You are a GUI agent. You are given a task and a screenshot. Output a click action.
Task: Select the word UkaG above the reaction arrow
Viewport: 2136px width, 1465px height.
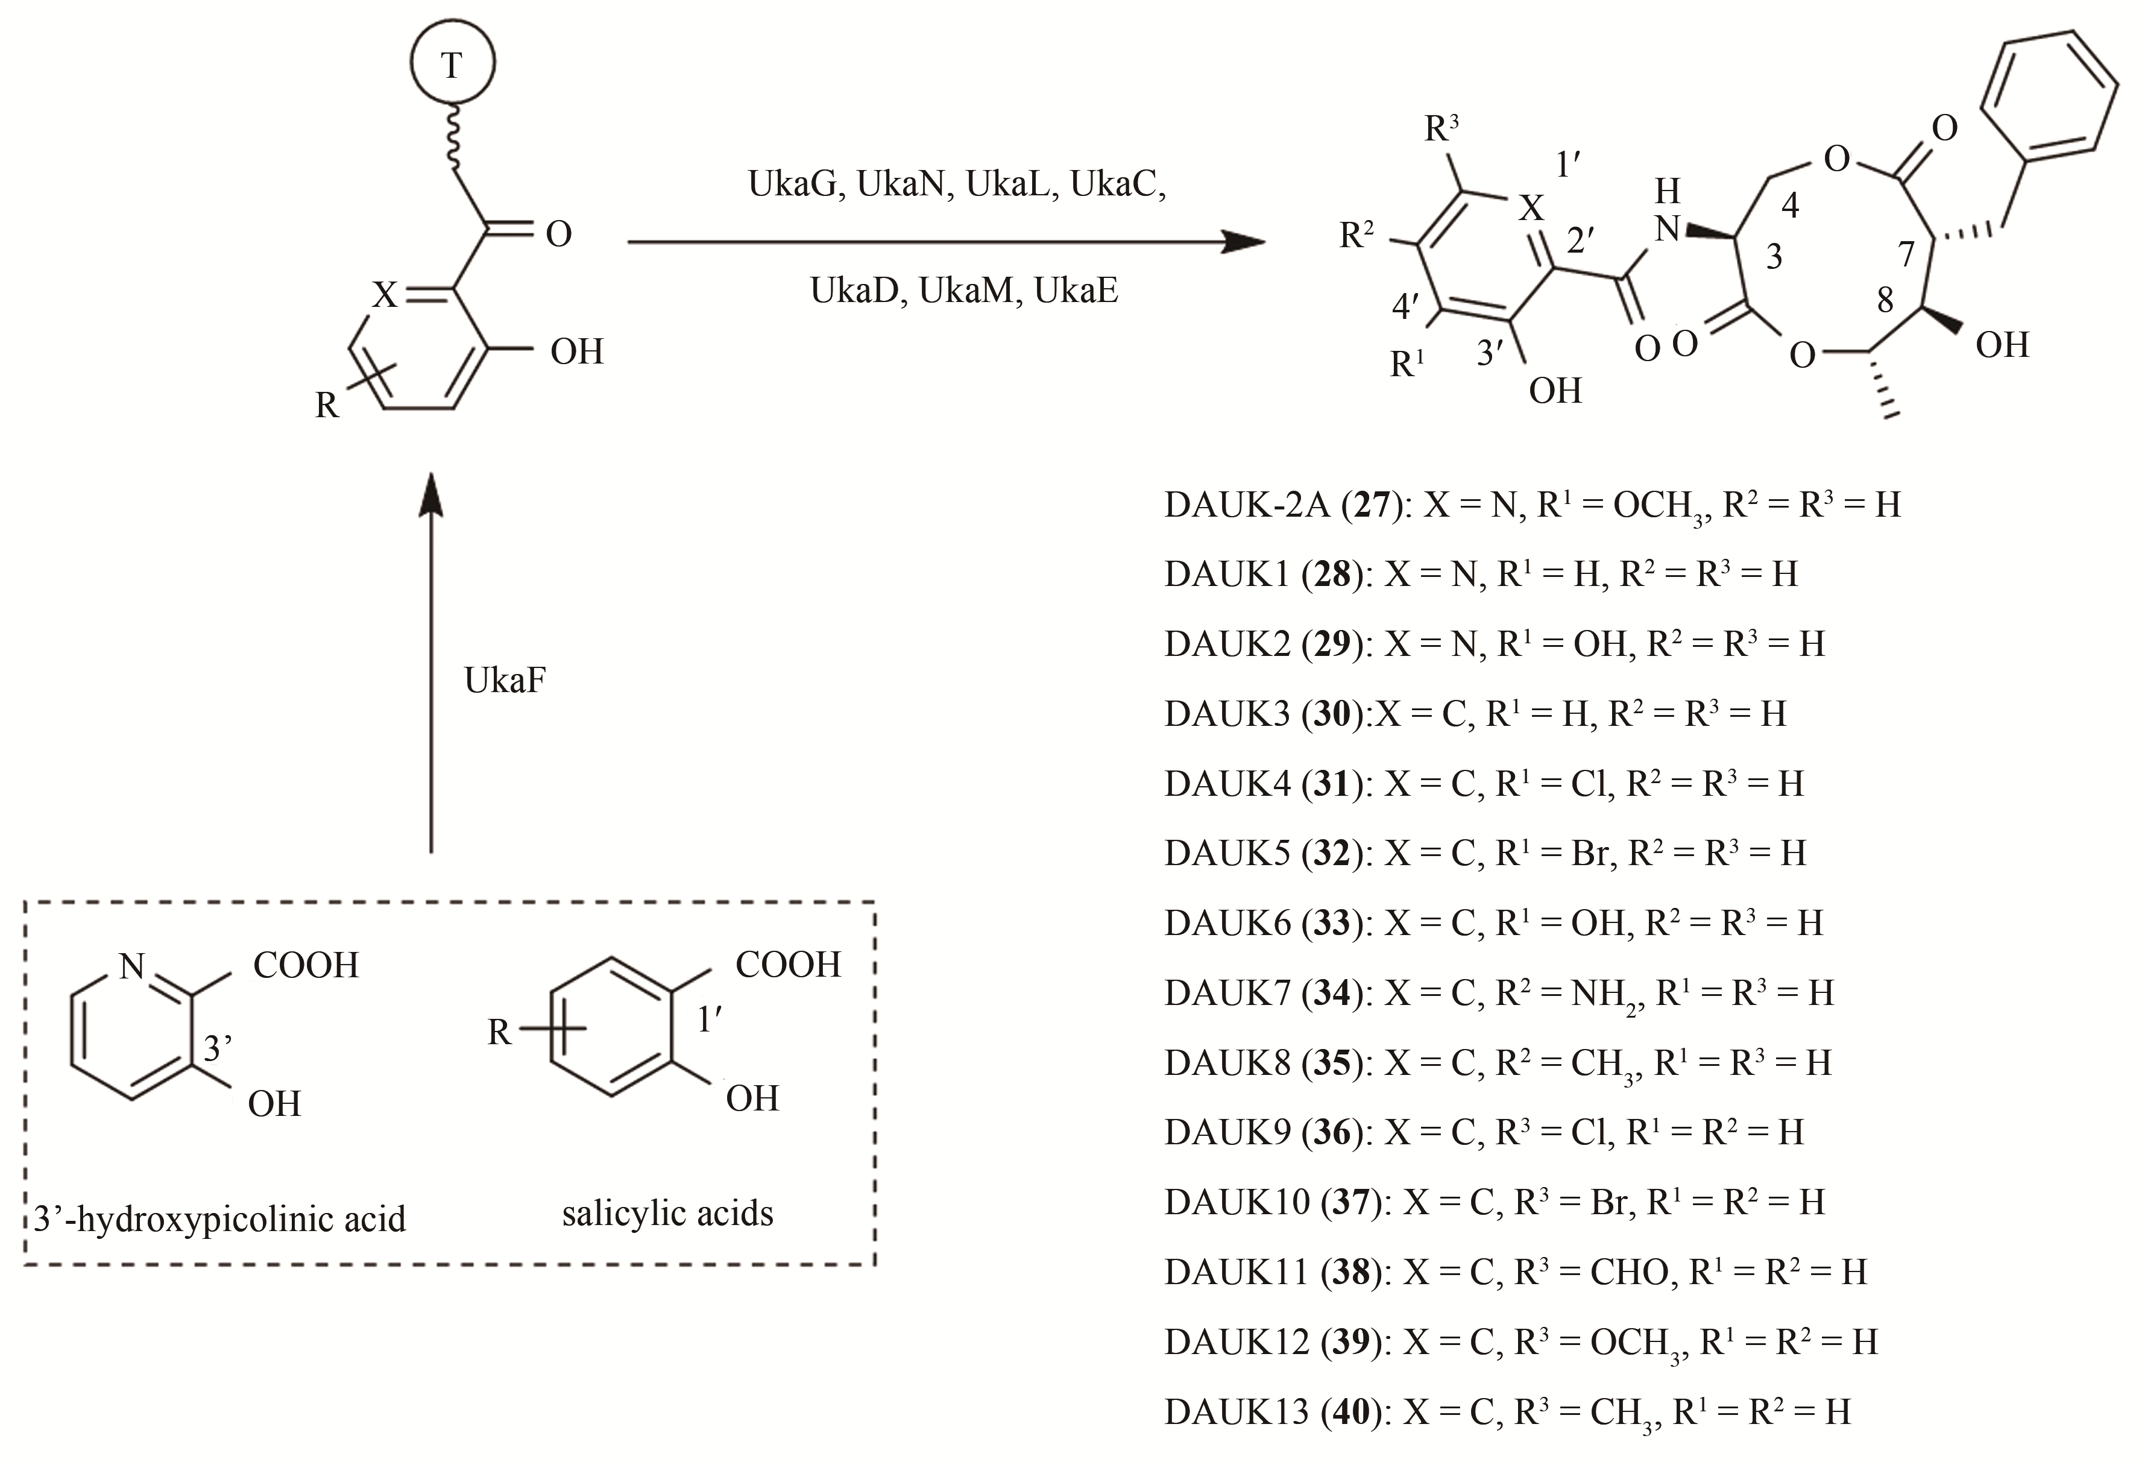pos(793,184)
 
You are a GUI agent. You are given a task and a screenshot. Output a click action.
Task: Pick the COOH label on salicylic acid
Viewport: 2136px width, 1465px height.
pos(788,965)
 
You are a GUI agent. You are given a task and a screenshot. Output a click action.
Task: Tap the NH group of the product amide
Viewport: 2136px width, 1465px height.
pos(1667,212)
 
